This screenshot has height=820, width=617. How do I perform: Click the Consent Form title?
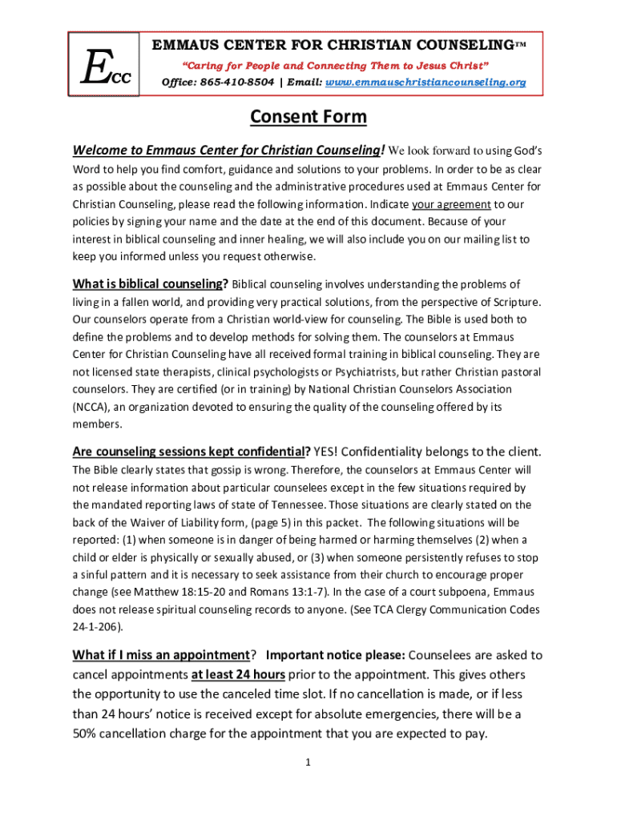tap(308, 117)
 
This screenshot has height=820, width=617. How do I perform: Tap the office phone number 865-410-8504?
tap(240, 82)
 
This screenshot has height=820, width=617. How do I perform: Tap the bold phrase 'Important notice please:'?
tap(337, 655)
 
